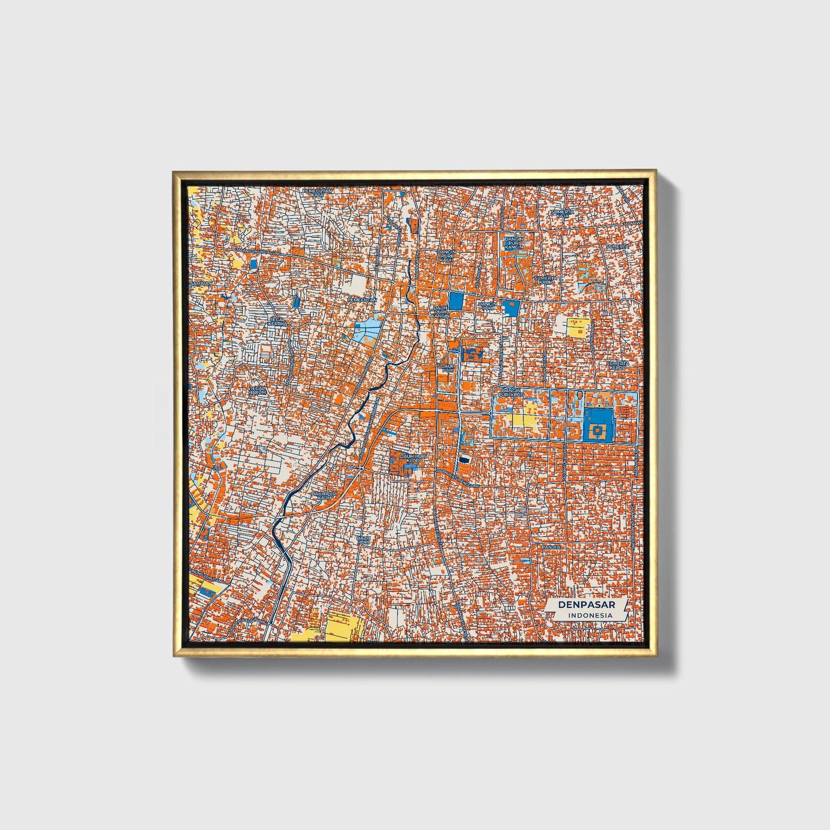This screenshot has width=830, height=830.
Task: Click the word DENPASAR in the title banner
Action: tap(586, 605)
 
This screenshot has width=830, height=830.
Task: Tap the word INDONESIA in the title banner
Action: tap(590, 615)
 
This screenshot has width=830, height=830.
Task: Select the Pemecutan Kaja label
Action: tap(318, 192)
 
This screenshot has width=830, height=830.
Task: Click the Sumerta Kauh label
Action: tap(543, 280)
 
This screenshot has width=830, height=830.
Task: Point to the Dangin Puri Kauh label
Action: tap(446, 256)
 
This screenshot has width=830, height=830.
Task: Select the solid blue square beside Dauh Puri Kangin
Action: tap(456, 302)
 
